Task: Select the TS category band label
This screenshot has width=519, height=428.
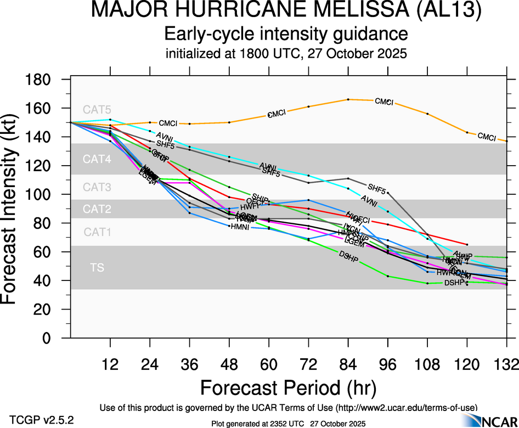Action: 97,268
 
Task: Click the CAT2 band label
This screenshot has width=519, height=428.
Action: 97,209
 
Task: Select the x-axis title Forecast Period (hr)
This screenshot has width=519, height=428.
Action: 288,388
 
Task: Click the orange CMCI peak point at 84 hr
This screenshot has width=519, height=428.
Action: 348,99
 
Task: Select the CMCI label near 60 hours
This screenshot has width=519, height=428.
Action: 277,114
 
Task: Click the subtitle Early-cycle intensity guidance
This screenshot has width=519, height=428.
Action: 286,35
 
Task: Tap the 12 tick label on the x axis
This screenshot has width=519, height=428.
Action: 110,364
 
